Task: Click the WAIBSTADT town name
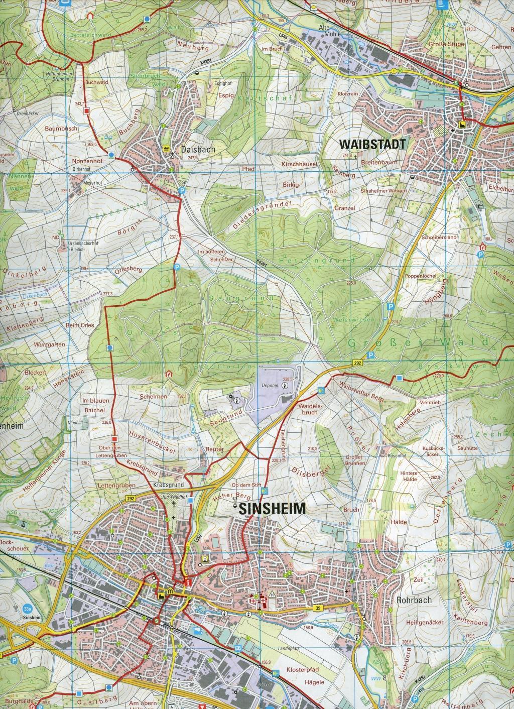pyautogui.click(x=372, y=144)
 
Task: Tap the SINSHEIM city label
pyautogui.click(x=273, y=508)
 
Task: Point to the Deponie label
pyautogui.click(x=271, y=387)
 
